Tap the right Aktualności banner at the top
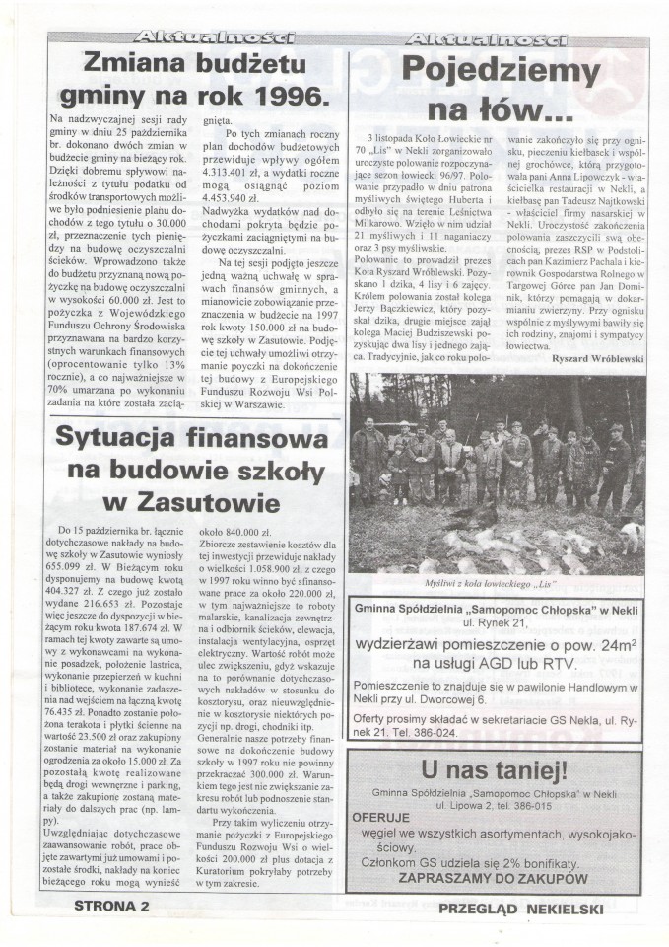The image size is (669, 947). [487, 38]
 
